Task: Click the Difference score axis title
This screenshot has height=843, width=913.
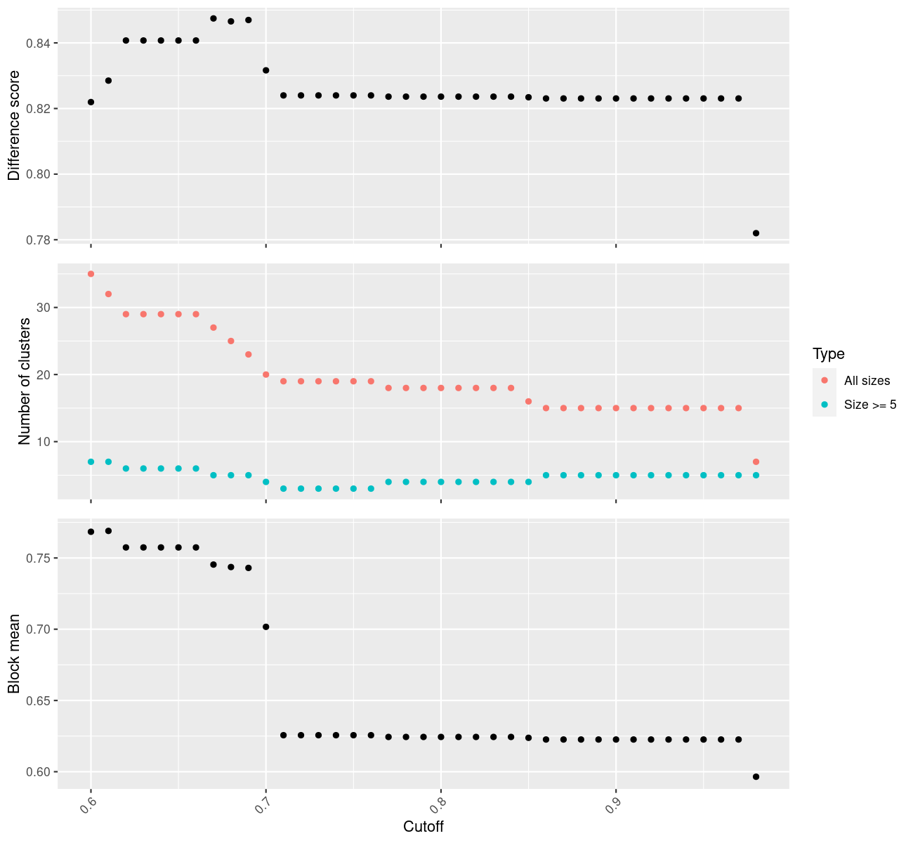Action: (14, 125)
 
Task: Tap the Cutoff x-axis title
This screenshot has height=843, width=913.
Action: (423, 827)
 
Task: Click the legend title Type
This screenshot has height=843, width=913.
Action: (828, 354)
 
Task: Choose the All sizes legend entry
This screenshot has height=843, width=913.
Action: (867, 381)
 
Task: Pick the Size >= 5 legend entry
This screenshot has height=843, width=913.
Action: (870, 405)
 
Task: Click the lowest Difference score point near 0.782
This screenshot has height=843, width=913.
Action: (756, 233)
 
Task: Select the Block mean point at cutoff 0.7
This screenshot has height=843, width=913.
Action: (265, 627)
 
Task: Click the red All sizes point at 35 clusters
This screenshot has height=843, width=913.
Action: (91, 274)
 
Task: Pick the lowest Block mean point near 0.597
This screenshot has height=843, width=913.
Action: (756, 776)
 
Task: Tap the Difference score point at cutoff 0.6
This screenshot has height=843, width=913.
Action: (91, 102)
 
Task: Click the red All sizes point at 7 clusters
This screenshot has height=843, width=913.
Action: (756, 462)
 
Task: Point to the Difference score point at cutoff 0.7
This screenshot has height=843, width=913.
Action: (265, 70)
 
